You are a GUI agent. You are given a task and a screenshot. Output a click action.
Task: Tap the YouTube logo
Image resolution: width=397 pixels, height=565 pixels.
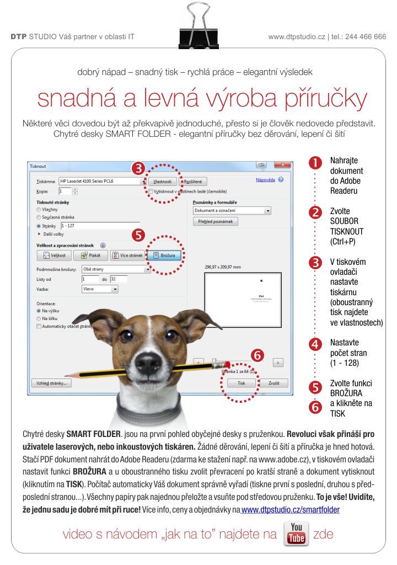coord(296,534)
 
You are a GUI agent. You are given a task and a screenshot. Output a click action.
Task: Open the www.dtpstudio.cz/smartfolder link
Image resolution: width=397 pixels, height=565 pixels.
coord(291,510)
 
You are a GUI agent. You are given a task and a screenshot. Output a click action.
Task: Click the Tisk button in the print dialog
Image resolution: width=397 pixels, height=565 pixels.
coord(241,383)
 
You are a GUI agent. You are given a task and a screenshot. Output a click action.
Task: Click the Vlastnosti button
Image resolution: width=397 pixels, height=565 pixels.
coord(162,181)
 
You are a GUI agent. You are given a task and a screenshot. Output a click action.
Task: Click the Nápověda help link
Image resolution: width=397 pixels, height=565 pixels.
coord(266,180)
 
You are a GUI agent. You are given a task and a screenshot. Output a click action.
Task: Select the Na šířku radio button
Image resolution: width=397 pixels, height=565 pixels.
coord(39,318)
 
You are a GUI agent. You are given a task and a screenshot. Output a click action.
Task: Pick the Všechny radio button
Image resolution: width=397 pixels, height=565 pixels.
coord(39,210)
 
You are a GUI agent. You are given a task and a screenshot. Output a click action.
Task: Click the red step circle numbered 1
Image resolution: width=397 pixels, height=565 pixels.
coord(315,162)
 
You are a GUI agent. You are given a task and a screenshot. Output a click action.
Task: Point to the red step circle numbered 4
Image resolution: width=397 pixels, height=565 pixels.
coord(315,345)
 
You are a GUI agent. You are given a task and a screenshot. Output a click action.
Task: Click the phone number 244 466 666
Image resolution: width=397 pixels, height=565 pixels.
coord(366,37)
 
